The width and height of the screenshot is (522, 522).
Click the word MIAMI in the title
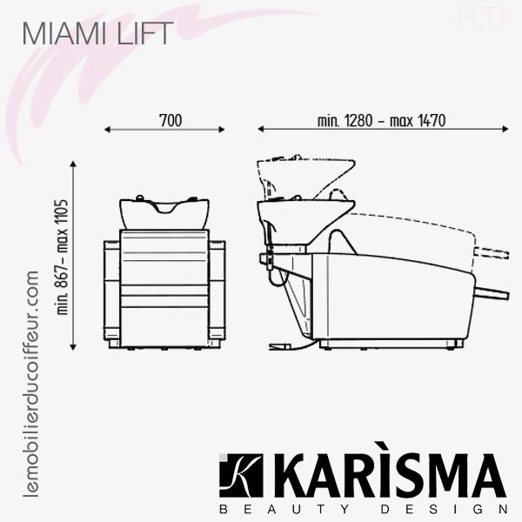point(64,33)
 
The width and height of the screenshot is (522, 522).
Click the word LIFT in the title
point(145,33)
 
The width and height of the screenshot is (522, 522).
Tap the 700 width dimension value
point(171,120)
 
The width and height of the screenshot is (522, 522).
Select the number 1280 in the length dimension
point(358,120)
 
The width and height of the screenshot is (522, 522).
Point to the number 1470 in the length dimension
point(432,120)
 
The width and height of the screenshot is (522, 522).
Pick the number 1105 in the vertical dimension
point(63,213)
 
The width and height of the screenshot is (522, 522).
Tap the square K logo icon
point(241,475)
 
